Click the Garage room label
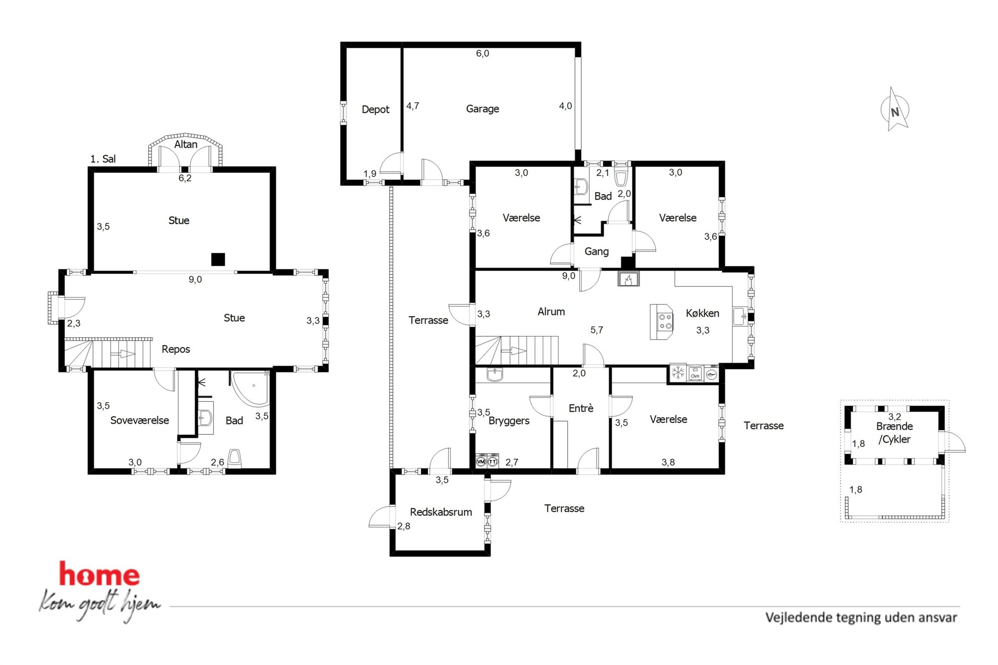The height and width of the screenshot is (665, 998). pyautogui.click(x=482, y=109)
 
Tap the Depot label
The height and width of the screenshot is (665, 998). pyautogui.click(x=375, y=110)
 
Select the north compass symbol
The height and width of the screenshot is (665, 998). pyautogui.click(x=895, y=110)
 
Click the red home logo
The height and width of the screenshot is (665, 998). pyautogui.click(x=99, y=574)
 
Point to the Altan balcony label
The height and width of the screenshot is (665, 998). pyautogui.click(x=186, y=144)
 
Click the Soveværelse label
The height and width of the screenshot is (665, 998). pyautogui.click(x=139, y=420)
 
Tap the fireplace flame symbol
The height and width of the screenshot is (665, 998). pyautogui.click(x=628, y=279)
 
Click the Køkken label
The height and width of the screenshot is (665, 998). pyautogui.click(x=702, y=313)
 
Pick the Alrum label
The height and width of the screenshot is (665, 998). pyautogui.click(x=551, y=312)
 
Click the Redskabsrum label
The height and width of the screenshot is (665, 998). pyautogui.click(x=441, y=512)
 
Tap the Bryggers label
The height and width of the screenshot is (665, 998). pyautogui.click(x=509, y=421)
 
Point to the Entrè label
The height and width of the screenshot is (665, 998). pyautogui.click(x=581, y=408)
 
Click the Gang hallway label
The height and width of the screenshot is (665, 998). pyautogui.click(x=597, y=251)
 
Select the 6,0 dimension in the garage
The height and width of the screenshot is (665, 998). pyautogui.click(x=482, y=53)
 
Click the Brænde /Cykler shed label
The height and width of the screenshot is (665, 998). pyautogui.click(x=894, y=433)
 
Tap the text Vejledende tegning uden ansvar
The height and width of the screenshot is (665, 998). pyautogui.click(x=861, y=617)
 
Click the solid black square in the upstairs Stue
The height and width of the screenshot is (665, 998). pyautogui.click(x=218, y=259)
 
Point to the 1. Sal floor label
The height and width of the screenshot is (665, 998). pyautogui.click(x=103, y=159)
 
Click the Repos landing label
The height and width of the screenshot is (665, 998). pyautogui.click(x=176, y=349)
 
